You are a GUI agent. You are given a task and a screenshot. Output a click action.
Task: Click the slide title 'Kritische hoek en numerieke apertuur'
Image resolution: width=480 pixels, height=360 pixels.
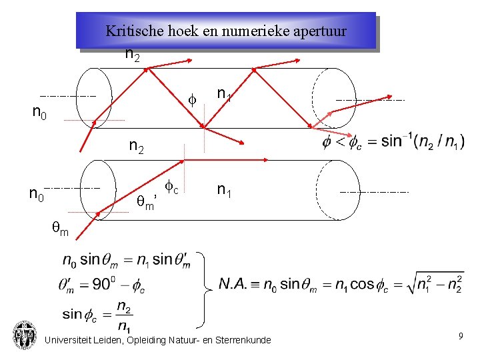[226, 31]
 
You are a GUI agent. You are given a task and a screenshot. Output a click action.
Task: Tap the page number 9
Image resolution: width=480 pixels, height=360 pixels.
[461, 337]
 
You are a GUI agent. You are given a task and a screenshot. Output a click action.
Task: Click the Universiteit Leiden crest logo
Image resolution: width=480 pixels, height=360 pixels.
[25, 335]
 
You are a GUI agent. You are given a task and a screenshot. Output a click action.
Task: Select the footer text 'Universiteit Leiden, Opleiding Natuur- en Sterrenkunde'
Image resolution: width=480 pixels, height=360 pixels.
[157, 341]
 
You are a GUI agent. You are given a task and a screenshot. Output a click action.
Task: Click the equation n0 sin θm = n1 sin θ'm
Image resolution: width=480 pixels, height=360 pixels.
[125, 259]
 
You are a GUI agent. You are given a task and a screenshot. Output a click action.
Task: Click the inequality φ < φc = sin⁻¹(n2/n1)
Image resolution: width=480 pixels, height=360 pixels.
[393, 142]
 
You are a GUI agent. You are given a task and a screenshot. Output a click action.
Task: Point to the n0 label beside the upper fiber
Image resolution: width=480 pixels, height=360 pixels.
[39, 112]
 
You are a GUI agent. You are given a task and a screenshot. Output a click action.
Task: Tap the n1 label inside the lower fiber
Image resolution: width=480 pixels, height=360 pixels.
[224, 191]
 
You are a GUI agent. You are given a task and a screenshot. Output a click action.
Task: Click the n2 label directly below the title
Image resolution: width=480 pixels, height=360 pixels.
[132, 55]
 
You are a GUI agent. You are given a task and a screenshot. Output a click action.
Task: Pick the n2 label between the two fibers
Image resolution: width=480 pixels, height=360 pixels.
[137, 147]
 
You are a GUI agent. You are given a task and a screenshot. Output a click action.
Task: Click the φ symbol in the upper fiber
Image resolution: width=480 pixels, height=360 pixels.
[191, 100]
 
